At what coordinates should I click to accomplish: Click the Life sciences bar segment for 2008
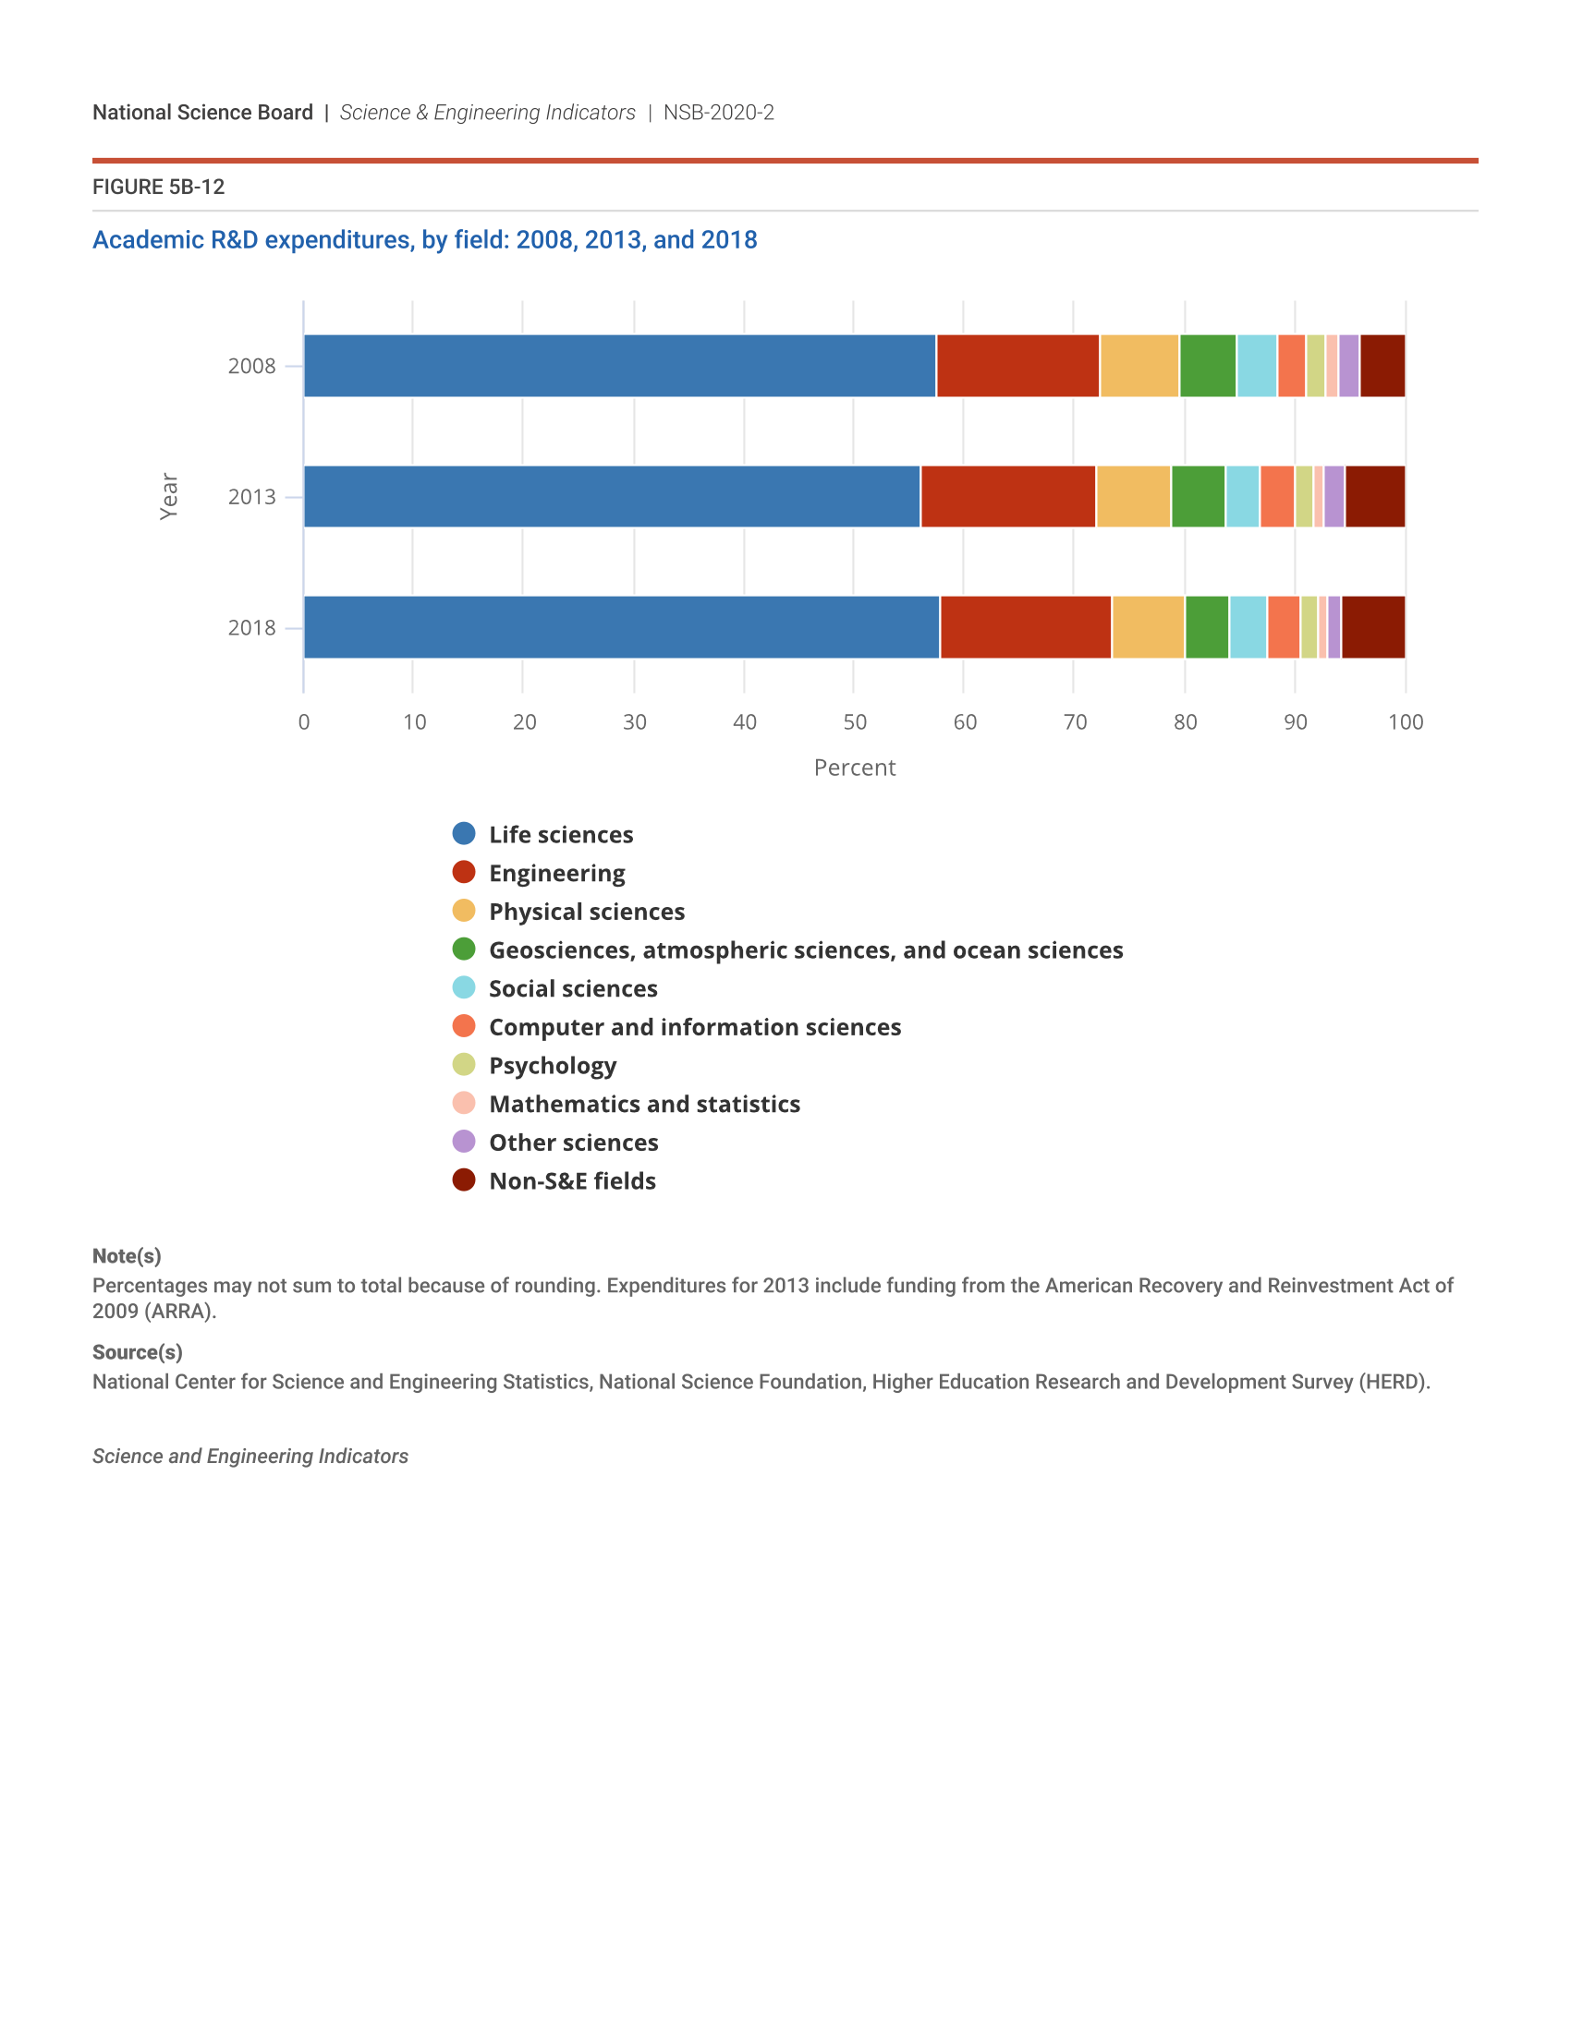619,366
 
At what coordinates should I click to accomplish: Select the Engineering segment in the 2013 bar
1007,497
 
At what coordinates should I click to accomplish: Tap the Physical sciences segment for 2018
1148,627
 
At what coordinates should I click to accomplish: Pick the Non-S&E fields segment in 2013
1375,497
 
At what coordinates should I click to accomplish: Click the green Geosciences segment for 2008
1207,366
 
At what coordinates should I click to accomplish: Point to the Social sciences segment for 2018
1248,627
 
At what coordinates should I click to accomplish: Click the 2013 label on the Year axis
251,497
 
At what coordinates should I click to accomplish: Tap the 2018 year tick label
251,628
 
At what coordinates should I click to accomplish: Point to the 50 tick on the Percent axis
855,722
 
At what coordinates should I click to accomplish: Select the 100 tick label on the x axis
1405,722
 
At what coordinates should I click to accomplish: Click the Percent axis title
855,768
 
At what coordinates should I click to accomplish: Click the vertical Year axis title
168,496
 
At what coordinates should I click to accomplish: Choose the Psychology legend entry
552,1065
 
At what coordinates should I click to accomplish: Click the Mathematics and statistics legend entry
644,1104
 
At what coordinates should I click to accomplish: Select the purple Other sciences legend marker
464,1142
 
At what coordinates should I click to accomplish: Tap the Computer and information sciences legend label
694,1027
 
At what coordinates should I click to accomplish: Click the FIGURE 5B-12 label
158,187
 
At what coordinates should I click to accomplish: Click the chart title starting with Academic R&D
424,240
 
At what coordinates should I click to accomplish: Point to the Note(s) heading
127,1256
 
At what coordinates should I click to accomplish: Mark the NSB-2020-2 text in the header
718,113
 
